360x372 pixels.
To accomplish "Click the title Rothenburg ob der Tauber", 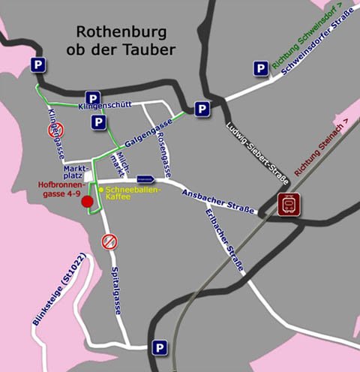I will (125, 41).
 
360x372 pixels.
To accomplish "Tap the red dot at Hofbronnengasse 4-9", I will (88, 201).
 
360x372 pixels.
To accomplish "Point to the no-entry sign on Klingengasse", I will (54, 130).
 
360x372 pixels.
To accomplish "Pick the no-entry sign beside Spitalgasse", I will (109, 241).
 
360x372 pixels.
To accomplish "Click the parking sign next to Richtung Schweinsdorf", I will (260, 69).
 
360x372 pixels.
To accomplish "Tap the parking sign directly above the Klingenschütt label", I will (92, 98).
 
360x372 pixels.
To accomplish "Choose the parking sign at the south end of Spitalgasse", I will (159, 347).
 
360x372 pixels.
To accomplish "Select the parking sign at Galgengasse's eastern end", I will (202, 109).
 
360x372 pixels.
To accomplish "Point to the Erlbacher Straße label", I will (225, 244).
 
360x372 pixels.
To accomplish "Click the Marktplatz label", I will (76, 171).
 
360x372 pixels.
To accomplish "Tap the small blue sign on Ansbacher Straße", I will (146, 179).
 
